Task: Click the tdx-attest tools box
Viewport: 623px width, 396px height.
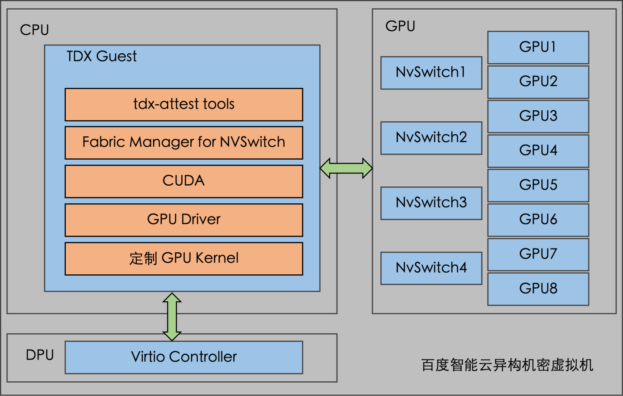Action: tap(184, 104)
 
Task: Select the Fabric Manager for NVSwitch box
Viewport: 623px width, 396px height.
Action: tap(184, 142)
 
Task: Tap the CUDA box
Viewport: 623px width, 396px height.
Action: tap(184, 181)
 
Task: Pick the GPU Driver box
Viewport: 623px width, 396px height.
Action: tap(184, 219)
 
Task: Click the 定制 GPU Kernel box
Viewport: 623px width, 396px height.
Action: tap(184, 258)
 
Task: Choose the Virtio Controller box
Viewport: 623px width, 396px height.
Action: tap(184, 357)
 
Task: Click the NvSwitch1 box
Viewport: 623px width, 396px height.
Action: tap(431, 73)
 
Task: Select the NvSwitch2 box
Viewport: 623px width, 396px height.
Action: tap(431, 138)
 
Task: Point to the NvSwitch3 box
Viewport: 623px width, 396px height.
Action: tap(431, 203)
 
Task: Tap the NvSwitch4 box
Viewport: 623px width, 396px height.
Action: tap(431, 268)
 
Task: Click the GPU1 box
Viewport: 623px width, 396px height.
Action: tap(538, 47)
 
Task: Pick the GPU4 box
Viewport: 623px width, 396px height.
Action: tap(538, 151)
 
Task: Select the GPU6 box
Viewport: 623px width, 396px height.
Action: tap(538, 219)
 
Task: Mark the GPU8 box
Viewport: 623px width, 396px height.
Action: tap(538, 289)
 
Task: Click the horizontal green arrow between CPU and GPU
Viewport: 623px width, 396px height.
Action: tap(346, 168)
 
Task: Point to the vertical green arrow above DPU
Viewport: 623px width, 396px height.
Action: tap(172, 317)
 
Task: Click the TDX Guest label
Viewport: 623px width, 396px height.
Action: tap(101, 56)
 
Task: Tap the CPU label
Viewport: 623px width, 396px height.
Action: tap(34, 30)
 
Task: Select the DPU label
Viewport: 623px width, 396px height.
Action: tap(40, 355)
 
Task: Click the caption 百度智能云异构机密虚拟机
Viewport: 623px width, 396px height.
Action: tap(507, 365)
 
